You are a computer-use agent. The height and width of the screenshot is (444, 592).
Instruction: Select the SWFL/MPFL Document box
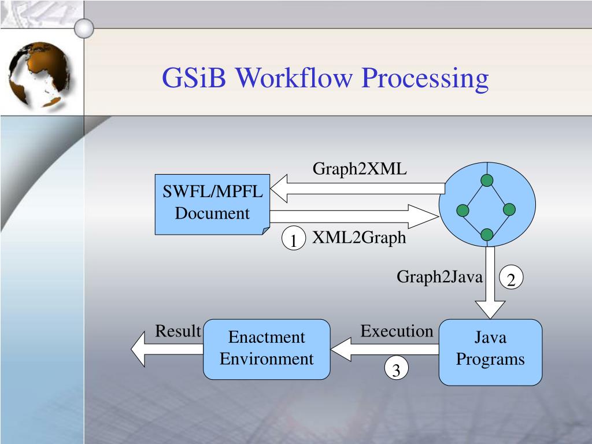[212, 203]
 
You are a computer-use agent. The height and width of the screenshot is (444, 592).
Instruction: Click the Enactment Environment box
[267, 349]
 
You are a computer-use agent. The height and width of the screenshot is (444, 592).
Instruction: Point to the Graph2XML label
[360, 169]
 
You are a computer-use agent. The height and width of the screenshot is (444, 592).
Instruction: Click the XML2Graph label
[359, 238]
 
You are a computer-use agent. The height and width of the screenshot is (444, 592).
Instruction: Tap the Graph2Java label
[439, 277]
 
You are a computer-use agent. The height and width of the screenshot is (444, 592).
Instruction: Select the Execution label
[397, 331]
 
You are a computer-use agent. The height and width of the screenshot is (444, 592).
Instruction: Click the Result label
[177, 331]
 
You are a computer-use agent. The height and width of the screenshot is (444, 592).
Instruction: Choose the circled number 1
[294, 240]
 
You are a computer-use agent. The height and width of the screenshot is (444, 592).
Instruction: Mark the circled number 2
[511, 279]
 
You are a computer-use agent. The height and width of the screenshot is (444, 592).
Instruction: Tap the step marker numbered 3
[397, 369]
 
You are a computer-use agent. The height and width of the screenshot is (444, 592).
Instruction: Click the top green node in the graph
[487, 181]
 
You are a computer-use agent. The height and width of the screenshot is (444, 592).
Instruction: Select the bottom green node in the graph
[487, 234]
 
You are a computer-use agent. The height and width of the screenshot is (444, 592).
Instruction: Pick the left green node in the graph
[462, 210]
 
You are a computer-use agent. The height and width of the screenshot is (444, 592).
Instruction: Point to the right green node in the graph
[509, 209]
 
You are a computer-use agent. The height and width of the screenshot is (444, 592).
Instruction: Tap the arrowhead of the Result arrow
[139, 350]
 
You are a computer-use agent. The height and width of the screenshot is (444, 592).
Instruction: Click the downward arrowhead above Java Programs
[490, 309]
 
